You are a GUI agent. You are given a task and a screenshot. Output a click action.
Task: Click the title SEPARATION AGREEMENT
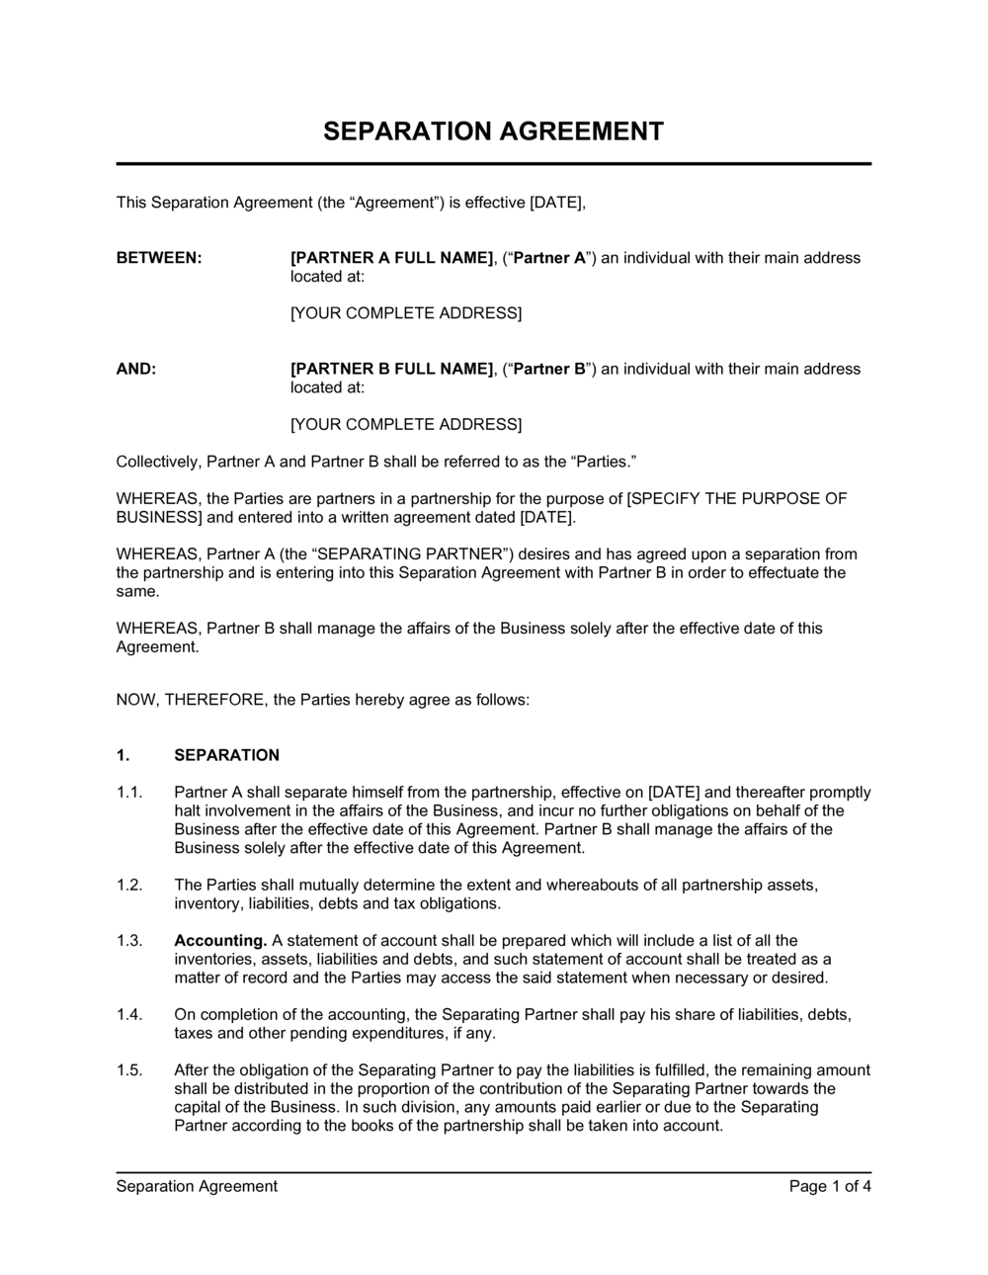click(x=494, y=131)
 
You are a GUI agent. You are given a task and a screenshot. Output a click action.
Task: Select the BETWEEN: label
click(x=159, y=258)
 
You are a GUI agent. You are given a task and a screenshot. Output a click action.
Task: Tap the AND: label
click(x=136, y=369)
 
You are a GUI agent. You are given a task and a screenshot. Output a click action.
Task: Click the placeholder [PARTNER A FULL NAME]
click(x=391, y=258)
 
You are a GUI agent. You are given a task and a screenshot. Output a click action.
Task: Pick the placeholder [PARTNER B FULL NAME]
click(x=391, y=369)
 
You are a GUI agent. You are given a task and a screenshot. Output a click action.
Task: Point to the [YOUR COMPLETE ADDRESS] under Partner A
click(x=405, y=313)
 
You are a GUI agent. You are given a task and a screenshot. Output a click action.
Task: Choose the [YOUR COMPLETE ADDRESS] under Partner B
click(x=405, y=424)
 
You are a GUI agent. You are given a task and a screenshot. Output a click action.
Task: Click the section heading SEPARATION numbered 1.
click(x=226, y=755)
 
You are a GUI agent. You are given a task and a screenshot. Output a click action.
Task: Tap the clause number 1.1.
click(x=130, y=793)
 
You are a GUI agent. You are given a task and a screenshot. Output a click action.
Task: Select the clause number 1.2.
click(x=130, y=886)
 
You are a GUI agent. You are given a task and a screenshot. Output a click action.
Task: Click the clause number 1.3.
click(x=130, y=941)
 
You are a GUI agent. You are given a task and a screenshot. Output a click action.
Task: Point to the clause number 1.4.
click(x=130, y=1015)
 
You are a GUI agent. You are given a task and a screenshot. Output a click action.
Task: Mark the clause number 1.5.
click(x=130, y=1070)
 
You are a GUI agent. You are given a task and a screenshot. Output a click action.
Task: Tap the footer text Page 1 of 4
click(x=830, y=1186)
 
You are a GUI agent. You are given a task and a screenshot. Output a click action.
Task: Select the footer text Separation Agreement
click(x=197, y=1186)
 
